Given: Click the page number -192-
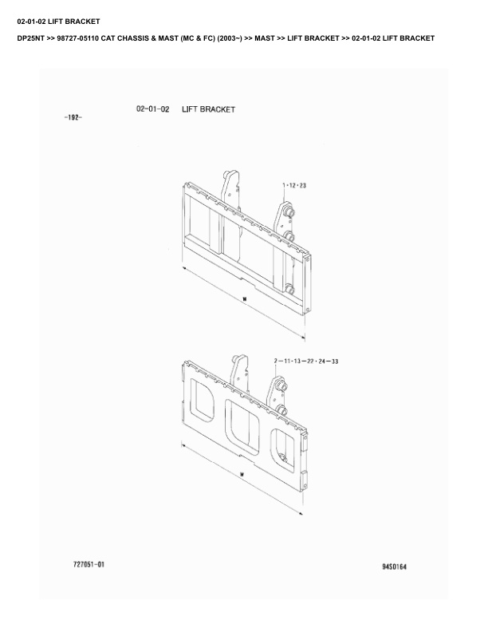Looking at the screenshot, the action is (x=73, y=117).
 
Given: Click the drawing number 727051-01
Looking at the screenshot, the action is (x=89, y=564).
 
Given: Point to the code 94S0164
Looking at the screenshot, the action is (x=394, y=567).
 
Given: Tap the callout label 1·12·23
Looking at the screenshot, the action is (x=294, y=185).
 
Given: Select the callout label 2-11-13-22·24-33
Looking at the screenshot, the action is (x=306, y=361).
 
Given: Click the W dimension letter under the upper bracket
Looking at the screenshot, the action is (x=245, y=299).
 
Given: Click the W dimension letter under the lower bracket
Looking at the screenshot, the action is (x=242, y=475).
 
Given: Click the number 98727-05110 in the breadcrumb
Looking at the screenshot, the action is (x=77, y=38).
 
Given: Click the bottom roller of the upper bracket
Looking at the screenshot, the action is (x=289, y=290).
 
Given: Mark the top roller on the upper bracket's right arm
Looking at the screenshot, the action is (x=289, y=212).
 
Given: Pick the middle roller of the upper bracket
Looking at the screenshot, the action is (x=289, y=236).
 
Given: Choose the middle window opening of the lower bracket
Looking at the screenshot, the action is (x=242, y=427).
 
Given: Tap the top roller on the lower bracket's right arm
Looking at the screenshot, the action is (x=282, y=386).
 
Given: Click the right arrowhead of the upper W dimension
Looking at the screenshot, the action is (x=302, y=337).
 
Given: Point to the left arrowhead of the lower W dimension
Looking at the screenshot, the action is (x=184, y=445).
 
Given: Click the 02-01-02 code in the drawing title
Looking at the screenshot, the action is (x=152, y=109).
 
